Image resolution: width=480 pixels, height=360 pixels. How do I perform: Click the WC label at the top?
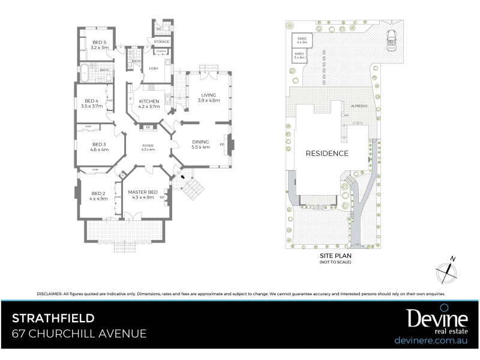[x=160, y=29]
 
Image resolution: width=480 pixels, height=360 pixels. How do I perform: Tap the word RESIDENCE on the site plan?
[x=327, y=153]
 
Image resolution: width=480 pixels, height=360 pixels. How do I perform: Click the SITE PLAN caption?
[x=335, y=255]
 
